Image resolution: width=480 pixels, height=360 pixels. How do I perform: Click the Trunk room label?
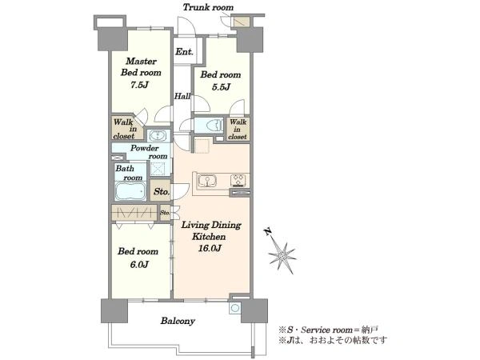click(208, 7)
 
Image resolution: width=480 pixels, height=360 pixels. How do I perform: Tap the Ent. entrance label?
click(184, 52)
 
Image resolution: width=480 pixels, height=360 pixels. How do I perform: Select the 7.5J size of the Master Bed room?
click(139, 85)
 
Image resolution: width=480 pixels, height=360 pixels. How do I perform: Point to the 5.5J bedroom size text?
click(221, 87)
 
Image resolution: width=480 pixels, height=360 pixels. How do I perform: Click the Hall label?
click(182, 96)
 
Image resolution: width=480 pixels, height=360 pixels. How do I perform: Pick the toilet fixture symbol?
click(214, 126)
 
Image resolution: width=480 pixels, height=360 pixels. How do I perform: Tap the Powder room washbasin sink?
click(158, 135)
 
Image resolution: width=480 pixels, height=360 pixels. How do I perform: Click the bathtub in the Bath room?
click(131, 191)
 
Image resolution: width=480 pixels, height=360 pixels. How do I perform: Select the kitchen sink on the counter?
click(207, 180)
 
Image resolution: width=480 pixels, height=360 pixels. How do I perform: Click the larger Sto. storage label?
click(162, 192)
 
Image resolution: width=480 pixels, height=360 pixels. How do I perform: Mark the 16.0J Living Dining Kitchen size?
click(210, 248)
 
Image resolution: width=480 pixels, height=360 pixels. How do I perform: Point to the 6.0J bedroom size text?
click(139, 264)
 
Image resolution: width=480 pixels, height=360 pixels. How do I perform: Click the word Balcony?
click(178, 321)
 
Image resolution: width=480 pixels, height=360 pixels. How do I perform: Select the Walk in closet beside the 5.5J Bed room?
click(238, 129)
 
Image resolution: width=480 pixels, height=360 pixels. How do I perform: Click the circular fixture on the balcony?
click(234, 308)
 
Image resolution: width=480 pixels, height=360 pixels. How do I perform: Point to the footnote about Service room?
click(328, 330)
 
